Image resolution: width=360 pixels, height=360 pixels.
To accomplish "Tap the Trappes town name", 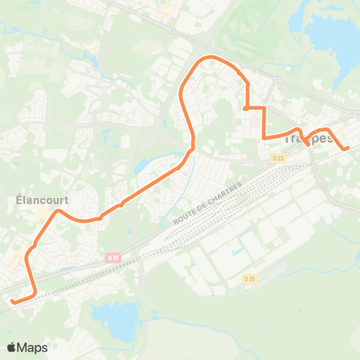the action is point(309,139).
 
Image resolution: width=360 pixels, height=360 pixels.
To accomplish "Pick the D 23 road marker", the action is point(277,157).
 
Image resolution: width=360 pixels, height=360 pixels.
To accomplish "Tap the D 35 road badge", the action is point(250,279).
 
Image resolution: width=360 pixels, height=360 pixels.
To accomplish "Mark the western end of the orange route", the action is point(12,301).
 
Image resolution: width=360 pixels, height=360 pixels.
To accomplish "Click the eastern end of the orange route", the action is point(347,148).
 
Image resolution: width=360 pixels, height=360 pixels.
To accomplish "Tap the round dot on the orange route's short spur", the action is point(246,109).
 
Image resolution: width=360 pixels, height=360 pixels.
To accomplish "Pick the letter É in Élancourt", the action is point(19,200).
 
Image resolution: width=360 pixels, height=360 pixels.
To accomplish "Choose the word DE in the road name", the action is point(200,205).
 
